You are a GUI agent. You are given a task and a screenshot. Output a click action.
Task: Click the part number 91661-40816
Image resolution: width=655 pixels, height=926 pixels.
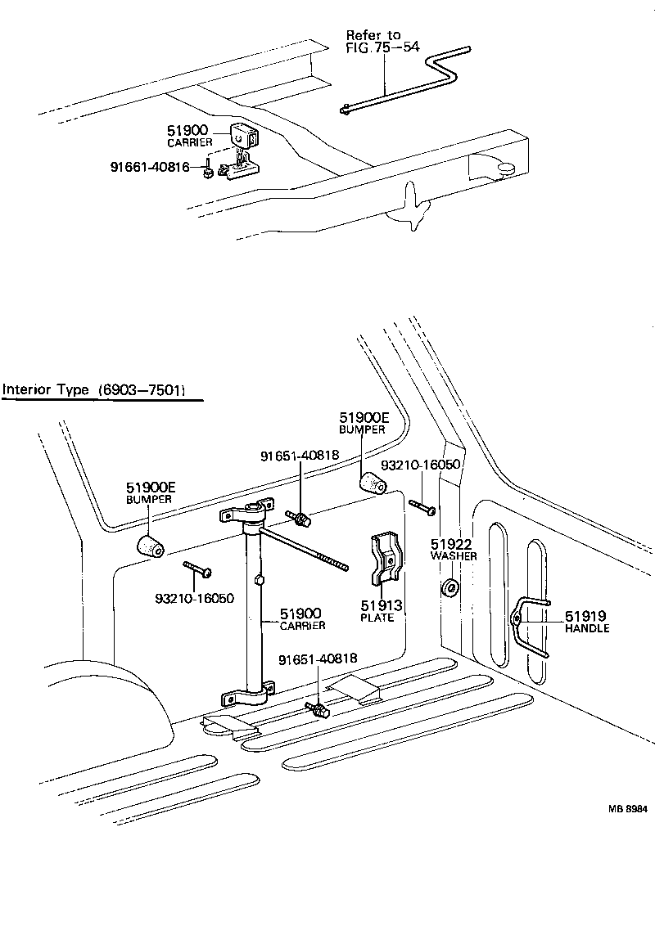tap(150, 168)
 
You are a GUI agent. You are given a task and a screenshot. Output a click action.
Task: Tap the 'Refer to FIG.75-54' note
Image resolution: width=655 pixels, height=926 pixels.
tap(382, 41)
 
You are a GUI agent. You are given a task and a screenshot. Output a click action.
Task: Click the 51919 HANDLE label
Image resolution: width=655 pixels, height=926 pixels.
tap(586, 622)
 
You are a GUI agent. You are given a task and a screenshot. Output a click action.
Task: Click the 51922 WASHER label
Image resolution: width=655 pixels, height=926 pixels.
tap(454, 550)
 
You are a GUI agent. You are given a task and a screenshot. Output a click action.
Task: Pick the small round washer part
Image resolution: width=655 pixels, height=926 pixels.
tap(449, 587)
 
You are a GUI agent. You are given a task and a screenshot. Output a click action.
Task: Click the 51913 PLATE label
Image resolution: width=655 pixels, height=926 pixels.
tap(377, 610)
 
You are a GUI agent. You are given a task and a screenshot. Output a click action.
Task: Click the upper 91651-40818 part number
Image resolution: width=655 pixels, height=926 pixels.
tap(298, 457)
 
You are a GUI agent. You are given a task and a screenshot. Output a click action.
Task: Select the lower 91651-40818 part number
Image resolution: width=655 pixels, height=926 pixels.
tap(318, 659)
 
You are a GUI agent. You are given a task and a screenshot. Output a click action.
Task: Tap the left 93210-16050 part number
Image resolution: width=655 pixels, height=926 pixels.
tap(195, 598)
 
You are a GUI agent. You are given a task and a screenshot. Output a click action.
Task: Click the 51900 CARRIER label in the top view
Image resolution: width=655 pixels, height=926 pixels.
tap(190, 136)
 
